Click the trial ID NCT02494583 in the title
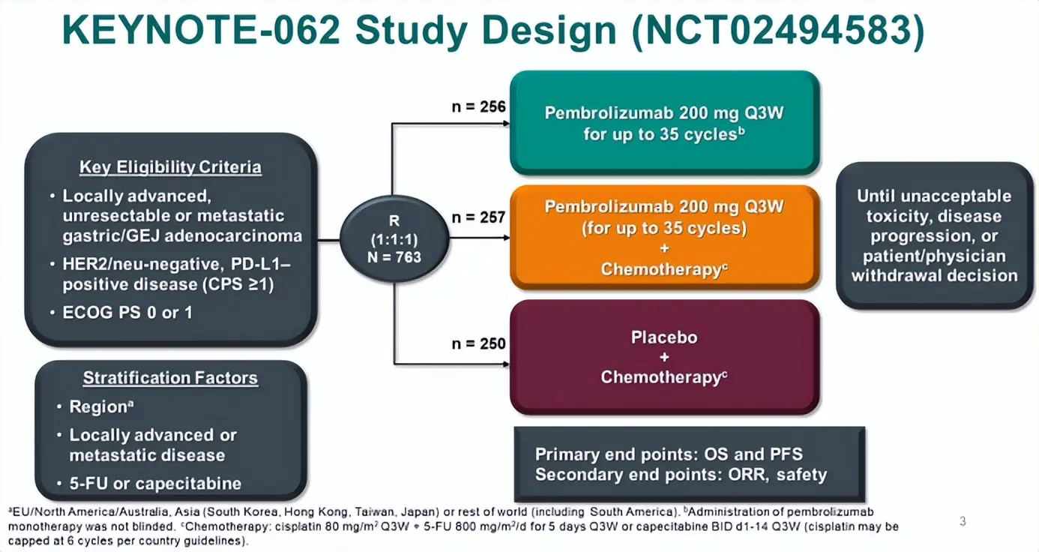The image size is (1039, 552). tap(777, 32)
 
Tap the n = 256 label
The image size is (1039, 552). tap(479, 106)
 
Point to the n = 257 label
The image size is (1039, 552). tap(479, 217)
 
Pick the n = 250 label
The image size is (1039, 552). tap(479, 344)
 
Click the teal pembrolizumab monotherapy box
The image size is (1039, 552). tap(664, 124)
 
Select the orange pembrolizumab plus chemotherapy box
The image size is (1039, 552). tap(664, 237)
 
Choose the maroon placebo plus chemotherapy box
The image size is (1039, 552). tap(664, 357)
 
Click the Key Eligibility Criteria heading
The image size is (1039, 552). tap(170, 166)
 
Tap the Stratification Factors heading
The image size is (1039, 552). tap(170, 378)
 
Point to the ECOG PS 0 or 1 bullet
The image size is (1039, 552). tap(127, 312)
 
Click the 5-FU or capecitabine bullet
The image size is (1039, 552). tap(155, 484)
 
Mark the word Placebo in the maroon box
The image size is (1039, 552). tap(664, 337)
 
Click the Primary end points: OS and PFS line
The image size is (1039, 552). tap(669, 454)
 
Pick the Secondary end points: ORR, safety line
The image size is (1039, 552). tap(681, 474)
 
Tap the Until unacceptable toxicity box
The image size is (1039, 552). tap(934, 235)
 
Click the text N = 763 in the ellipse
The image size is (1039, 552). tap(395, 257)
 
